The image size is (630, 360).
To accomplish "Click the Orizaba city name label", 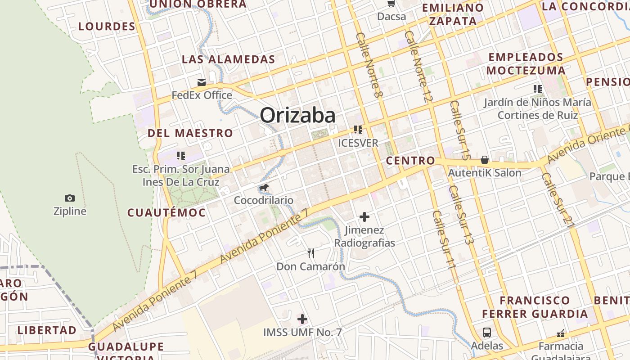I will [297, 115].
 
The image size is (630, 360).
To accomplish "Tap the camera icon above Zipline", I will [70, 198].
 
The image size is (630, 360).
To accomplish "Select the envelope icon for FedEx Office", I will [201, 82].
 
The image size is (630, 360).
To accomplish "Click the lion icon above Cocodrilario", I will [264, 187].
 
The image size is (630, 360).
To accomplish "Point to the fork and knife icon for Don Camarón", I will [310, 253].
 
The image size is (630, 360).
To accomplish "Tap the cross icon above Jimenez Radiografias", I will [364, 217].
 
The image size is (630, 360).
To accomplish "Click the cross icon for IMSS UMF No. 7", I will [302, 319].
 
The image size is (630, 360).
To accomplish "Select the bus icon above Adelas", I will [487, 333].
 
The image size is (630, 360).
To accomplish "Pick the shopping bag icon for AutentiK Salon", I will [485, 160].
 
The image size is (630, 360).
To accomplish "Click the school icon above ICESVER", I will [358, 130].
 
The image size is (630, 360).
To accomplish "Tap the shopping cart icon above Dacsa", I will [391, 4].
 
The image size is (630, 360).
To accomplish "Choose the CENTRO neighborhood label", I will [410, 161].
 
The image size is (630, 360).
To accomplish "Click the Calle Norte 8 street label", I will [369, 65].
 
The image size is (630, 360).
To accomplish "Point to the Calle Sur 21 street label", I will [558, 198].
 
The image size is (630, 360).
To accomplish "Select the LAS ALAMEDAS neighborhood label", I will [228, 59].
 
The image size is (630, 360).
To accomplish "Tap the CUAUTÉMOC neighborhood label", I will [166, 213].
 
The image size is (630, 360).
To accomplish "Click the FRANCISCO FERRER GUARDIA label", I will [535, 307].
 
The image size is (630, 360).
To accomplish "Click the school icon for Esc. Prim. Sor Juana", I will [181, 156].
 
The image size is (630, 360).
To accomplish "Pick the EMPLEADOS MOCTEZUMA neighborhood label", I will [526, 64].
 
